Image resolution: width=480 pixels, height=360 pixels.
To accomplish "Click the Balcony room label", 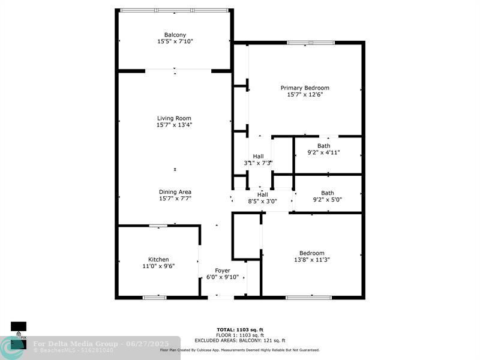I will [x=175, y=34].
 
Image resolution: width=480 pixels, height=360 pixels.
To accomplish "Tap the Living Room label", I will [x=175, y=118].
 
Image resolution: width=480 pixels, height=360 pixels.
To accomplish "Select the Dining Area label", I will [x=175, y=191].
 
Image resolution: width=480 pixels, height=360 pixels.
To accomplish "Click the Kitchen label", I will [x=158, y=259].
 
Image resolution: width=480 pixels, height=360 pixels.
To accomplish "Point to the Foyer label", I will [x=223, y=270].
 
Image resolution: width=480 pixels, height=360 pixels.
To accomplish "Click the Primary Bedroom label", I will [x=305, y=88].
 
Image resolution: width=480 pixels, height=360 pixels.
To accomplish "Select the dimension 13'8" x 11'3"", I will [x=312, y=260].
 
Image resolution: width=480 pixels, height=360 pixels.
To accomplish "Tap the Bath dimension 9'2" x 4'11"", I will [x=323, y=152].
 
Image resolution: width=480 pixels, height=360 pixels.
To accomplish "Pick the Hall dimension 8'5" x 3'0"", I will [x=262, y=202].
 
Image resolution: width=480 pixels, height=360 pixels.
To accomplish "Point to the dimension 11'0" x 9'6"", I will [x=158, y=266].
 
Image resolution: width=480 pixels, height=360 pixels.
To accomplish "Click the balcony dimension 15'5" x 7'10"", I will [x=175, y=41].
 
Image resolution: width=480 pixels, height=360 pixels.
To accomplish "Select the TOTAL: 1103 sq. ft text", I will [x=240, y=329].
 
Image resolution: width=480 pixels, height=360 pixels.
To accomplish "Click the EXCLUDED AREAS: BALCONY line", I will [x=240, y=340].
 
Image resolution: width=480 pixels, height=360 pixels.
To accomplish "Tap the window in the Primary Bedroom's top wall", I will [x=311, y=43].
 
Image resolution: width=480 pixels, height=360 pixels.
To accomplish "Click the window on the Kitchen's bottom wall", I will [x=154, y=297].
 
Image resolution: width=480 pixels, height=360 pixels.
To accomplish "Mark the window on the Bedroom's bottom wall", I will [x=308, y=297].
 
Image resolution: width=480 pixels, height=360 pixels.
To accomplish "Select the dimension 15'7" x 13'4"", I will [x=175, y=125].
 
